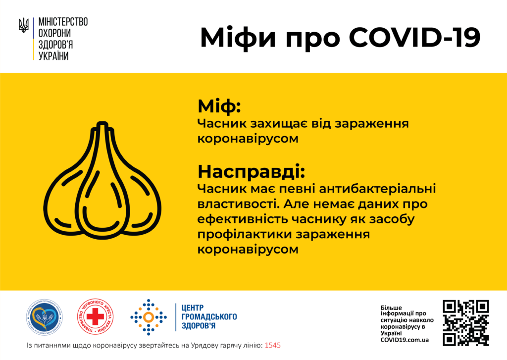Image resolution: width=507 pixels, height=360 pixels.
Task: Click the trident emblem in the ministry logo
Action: (x=23, y=25)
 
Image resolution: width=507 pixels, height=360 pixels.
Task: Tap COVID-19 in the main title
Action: (x=414, y=38)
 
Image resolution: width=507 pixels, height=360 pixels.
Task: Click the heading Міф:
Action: (x=219, y=106)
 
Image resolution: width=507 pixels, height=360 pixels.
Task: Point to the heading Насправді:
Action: (x=251, y=172)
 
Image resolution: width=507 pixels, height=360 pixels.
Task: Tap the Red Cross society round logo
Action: (x=95, y=317)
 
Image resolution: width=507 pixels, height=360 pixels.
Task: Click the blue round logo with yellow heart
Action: (x=45, y=317)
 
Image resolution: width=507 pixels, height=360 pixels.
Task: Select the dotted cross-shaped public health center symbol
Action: (x=148, y=317)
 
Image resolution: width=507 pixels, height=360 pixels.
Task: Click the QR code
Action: (x=465, y=322)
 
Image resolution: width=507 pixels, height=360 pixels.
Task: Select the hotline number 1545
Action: (x=273, y=345)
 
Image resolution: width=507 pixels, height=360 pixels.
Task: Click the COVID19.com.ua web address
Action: (x=405, y=340)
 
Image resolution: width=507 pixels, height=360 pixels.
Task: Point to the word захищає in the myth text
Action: (x=274, y=123)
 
